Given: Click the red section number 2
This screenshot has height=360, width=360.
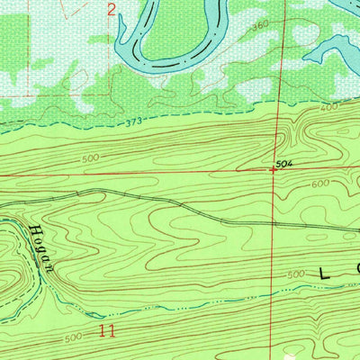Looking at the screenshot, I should click(x=111, y=10).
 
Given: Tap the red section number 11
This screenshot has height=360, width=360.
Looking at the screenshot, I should click(x=108, y=331).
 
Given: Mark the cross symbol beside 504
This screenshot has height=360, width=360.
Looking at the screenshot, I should click(x=274, y=169).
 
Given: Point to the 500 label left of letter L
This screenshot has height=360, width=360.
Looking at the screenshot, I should click(x=294, y=274).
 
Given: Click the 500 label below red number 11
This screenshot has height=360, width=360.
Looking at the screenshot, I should click(x=76, y=339).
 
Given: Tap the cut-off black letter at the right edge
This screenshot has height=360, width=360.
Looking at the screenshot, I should click(x=356, y=270).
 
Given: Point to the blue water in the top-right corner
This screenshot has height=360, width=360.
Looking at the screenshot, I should click(x=346, y=7).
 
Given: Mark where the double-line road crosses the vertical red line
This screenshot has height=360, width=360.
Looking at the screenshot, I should click(x=274, y=222).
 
